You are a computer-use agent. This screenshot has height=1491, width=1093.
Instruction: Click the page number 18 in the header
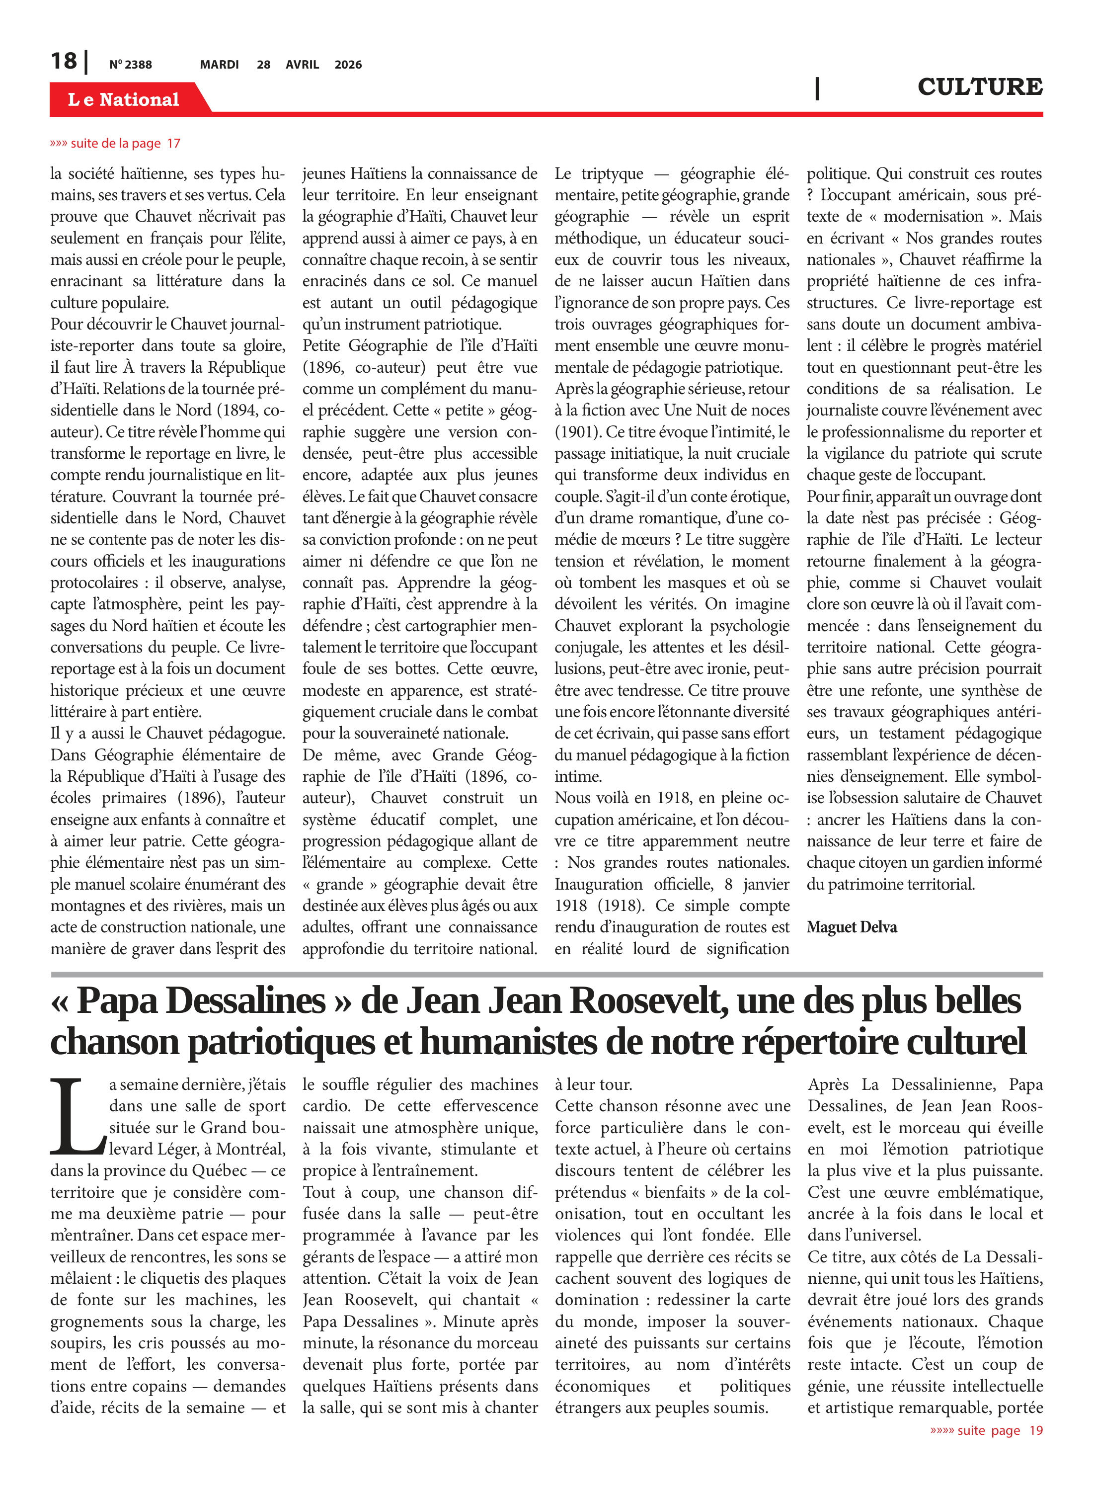click(x=64, y=61)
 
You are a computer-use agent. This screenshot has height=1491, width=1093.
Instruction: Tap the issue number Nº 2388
click(x=130, y=65)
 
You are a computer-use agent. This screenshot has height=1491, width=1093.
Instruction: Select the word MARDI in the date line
click(x=219, y=65)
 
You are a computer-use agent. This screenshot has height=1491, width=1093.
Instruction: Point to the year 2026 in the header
click(x=348, y=65)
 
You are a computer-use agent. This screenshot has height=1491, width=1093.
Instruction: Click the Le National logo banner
click(x=124, y=99)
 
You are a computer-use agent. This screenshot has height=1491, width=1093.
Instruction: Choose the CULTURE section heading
click(x=979, y=86)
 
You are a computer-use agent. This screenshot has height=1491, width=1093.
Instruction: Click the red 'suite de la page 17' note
click(x=115, y=144)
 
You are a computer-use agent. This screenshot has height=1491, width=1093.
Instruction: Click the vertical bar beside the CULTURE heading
click(x=817, y=88)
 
